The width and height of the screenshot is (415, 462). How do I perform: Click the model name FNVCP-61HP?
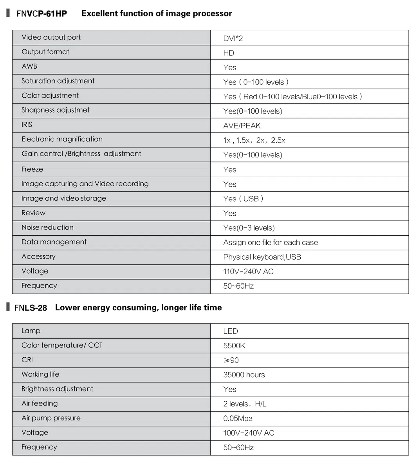[41, 14]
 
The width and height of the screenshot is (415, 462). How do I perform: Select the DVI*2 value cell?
[233, 38]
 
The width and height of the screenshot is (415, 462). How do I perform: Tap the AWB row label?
[29, 66]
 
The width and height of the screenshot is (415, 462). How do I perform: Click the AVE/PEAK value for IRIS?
[242, 126]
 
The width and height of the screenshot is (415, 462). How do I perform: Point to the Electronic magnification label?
[62, 139]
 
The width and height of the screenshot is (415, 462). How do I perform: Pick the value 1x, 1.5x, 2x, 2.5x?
[254, 140]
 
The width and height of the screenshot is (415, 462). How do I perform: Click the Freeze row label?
[32, 169]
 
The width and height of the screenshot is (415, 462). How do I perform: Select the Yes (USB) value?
[243, 199]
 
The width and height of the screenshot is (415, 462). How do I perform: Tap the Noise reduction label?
[47, 227]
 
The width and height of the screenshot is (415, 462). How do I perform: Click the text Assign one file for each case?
[271, 243]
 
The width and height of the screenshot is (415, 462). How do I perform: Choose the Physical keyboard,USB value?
[262, 257]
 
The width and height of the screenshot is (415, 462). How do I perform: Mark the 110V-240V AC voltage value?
[248, 272]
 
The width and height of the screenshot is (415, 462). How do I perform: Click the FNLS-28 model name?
[31, 308]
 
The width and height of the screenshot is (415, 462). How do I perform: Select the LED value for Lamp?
[231, 331]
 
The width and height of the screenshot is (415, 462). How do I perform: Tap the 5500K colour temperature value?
[234, 346]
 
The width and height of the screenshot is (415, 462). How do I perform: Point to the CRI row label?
[27, 360]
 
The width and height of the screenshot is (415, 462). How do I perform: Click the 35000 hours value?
[244, 375]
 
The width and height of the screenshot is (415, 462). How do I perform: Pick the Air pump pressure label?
[51, 418]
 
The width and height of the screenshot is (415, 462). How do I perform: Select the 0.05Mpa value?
[238, 418]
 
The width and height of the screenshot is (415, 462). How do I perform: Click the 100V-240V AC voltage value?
[249, 433]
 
